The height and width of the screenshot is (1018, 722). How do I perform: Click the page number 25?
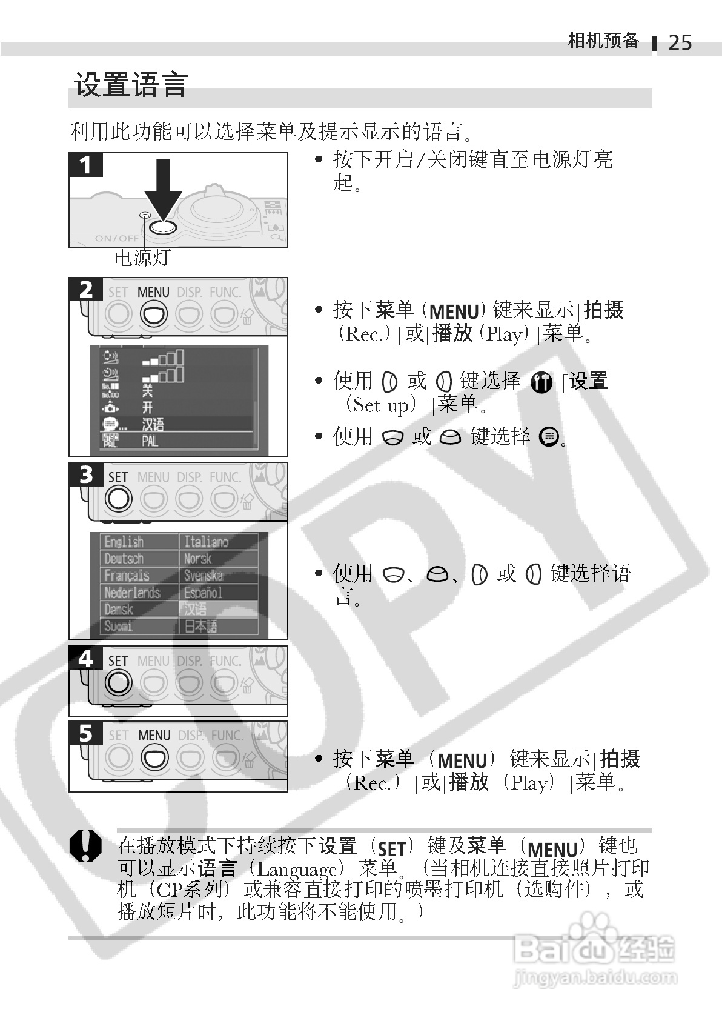pos(680,42)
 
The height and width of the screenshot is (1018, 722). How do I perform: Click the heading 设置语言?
pos(131,84)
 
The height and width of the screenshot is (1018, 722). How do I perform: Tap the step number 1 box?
pos(85,165)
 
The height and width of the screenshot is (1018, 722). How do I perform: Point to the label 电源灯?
pos(142,258)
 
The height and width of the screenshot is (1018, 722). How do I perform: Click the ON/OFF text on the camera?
pos(116,238)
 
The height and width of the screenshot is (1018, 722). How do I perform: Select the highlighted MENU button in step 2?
pos(153,314)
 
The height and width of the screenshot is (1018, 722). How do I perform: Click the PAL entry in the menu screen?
pos(150,441)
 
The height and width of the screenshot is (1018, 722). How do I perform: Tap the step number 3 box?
pos(85,474)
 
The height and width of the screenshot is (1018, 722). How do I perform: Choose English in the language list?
pos(124,541)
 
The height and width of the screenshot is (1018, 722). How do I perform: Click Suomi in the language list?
pos(118,626)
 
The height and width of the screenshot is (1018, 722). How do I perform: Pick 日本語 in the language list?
pos(200,626)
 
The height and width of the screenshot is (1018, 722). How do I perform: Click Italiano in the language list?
pos(206,541)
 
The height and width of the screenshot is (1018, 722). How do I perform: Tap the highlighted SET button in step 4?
pos(118,683)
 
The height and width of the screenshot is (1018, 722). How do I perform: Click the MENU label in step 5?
pos(154,735)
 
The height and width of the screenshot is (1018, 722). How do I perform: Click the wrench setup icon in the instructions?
pos(541,382)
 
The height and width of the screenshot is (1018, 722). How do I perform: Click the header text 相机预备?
pos(603,41)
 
